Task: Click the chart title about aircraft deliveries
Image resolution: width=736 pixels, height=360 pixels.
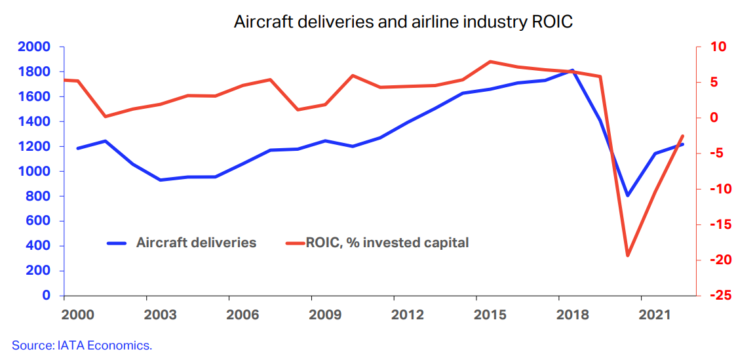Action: click(x=403, y=22)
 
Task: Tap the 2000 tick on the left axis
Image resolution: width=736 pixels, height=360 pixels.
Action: click(x=34, y=47)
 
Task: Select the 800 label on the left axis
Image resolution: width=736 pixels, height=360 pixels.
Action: click(x=39, y=196)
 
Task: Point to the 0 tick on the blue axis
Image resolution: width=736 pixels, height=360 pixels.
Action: click(x=47, y=296)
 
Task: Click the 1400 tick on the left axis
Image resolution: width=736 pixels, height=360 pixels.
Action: click(x=34, y=122)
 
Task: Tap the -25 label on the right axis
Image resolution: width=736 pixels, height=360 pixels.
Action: click(x=711, y=296)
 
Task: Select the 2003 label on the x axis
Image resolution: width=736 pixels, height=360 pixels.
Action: click(x=160, y=315)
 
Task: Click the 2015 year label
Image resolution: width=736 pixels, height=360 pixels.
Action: click(x=490, y=315)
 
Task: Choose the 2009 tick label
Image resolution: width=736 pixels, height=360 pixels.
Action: click(x=325, y=315)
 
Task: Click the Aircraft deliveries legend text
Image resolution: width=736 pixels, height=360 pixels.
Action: click(x=196, y=243)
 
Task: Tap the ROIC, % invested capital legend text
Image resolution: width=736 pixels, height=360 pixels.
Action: click(x=387, y=243)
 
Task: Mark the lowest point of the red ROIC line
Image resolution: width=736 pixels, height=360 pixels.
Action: click(x=628, y=255)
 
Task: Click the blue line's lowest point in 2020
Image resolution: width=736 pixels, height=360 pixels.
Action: click(x=627, y=195)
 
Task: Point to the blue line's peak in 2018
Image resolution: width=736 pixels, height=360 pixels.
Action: click(x=572, y=70)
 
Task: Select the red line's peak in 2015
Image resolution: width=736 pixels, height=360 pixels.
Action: click(x=490, y=62)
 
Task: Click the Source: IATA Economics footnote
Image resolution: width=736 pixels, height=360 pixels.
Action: click(x=82, y=345)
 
